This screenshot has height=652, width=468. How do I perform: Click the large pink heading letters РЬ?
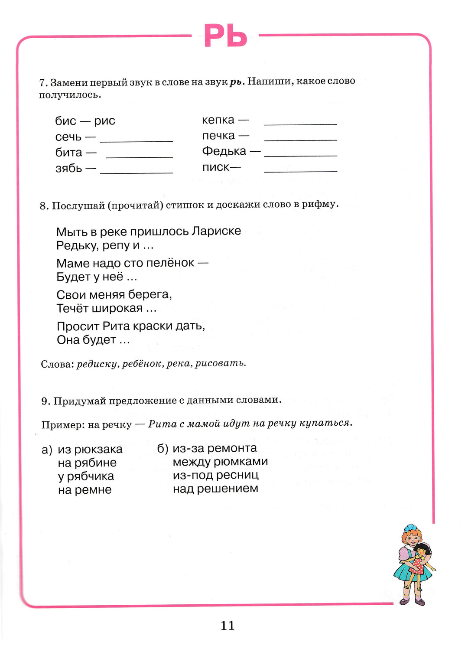coord(225,36)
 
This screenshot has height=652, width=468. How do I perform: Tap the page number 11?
coord(227,625)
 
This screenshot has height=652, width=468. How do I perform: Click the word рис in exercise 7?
coord(104,121)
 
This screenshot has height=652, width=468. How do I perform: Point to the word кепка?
coord(218,120)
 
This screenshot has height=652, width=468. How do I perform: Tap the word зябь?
coord(68,168)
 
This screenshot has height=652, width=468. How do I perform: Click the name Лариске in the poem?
coord(216,231)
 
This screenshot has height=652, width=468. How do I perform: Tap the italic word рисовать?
coord(220,363)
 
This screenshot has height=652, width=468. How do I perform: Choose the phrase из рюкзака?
coord(90,449)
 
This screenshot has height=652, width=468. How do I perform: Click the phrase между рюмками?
coord(220,462)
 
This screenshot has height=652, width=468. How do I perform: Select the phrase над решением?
coord(215,489)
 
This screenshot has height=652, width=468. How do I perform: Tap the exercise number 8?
coord(43,205)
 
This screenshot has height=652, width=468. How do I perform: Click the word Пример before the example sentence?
coord(58,425)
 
